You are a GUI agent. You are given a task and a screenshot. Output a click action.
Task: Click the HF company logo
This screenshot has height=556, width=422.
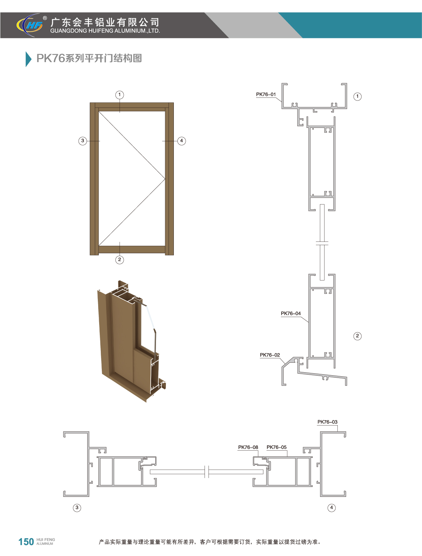(30, 25)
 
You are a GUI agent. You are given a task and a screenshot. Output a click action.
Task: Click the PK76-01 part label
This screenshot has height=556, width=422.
(266, 94)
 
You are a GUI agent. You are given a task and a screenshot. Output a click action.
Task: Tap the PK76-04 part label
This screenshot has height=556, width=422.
(291, 314)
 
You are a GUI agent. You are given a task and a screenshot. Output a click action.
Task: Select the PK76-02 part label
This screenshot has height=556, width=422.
(270, 355)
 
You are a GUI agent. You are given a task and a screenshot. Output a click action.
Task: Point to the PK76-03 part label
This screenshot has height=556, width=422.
(327, 422)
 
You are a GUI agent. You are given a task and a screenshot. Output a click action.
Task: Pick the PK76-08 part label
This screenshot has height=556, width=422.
(248, 447)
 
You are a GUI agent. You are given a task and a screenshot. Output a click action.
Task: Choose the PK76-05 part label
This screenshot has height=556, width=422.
(277, 447)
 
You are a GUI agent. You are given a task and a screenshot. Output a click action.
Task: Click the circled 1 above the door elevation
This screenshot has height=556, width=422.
(120, 95)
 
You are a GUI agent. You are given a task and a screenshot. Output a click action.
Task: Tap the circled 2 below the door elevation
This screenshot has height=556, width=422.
(120, 260)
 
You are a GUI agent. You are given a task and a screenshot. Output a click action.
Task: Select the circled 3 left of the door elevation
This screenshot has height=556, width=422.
(83, 141)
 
